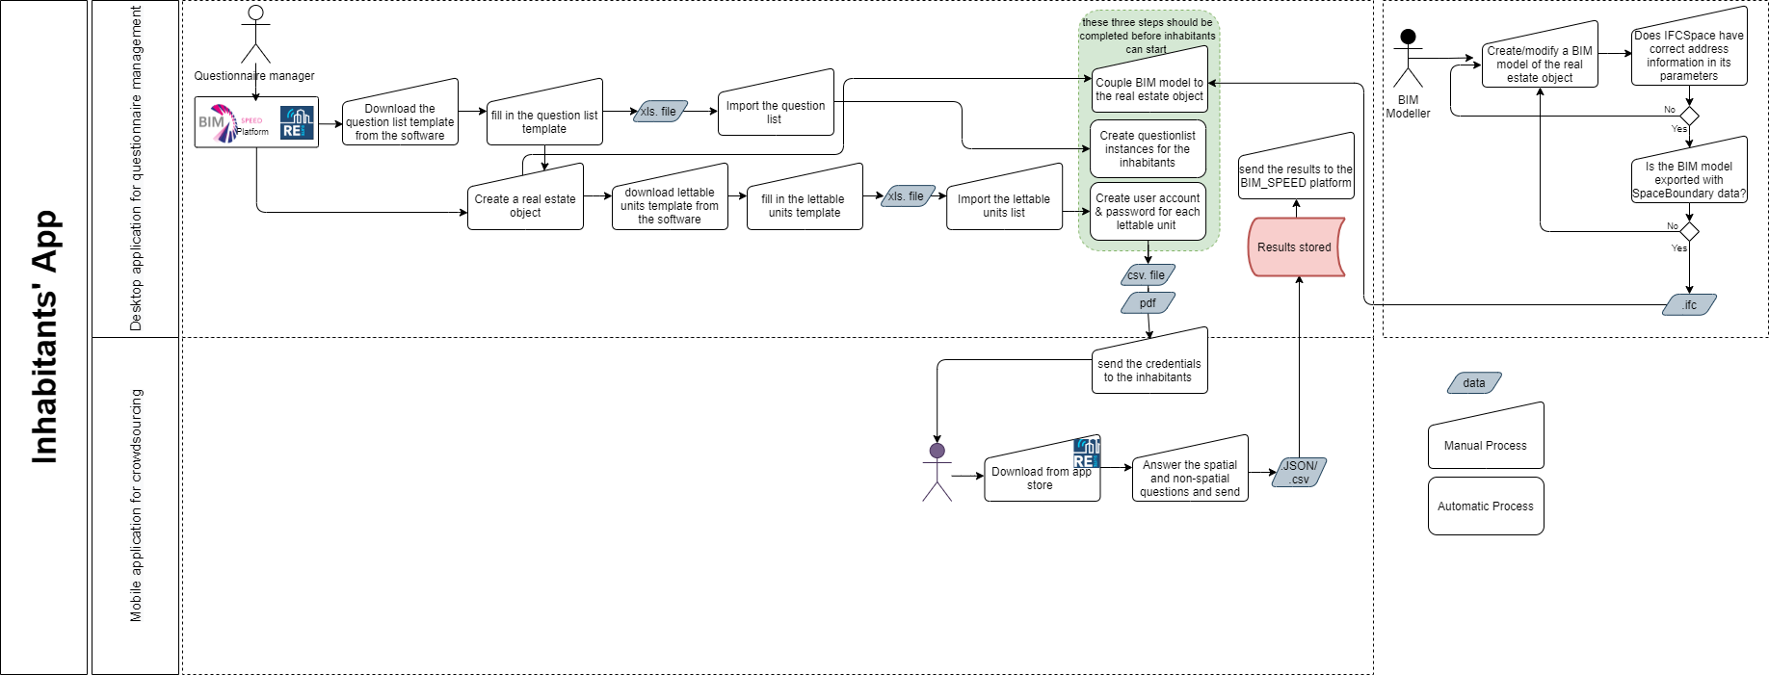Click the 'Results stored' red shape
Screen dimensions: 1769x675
1296,247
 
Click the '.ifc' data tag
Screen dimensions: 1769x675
1690,305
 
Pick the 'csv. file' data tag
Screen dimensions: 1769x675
1148,275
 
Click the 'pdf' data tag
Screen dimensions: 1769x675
1148,303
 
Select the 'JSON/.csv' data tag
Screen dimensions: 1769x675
1300,473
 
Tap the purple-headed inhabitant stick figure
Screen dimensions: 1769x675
937,471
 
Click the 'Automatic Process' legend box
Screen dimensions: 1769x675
1486,506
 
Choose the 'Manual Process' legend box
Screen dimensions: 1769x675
1486,438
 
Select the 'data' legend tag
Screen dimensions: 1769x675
1474,383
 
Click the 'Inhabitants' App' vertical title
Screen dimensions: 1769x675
45,337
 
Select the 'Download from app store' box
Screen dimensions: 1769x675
1043,473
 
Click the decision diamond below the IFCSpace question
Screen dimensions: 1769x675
1689,116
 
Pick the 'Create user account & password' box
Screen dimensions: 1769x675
1148,211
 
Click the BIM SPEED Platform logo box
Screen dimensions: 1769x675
256,122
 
